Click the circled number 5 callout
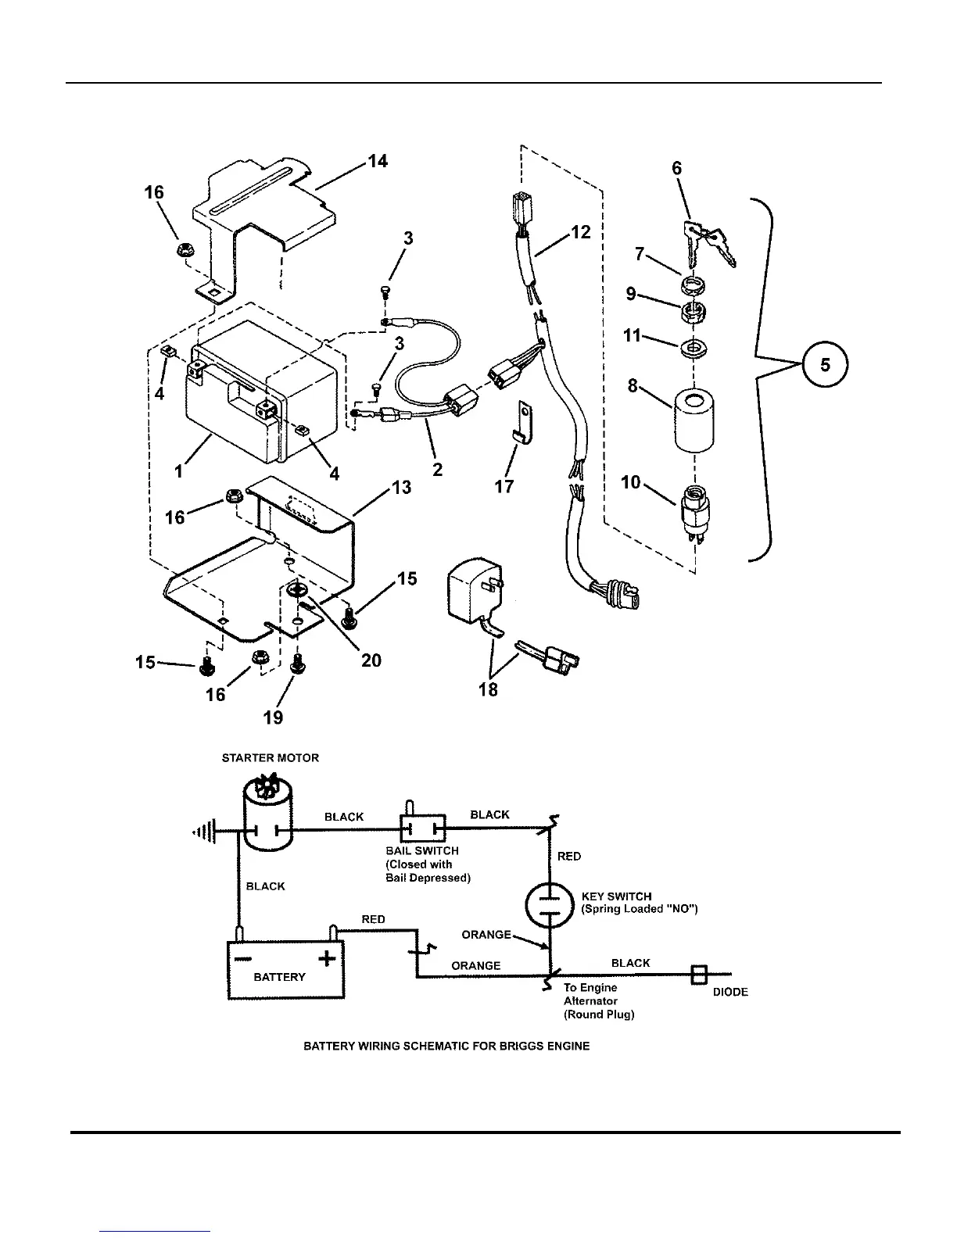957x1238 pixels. pos(824,365)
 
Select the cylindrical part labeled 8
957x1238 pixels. pos(694,422)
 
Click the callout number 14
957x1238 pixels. pos(378,162)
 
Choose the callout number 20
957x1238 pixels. pos(371,660)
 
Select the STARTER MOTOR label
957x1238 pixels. pos(271,757)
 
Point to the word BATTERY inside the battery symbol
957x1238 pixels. pos(279,977)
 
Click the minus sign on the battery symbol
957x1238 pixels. pos(242,957)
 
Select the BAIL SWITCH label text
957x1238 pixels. pos(422,850)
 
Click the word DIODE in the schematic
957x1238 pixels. pos(730,992)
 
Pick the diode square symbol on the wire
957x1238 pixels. pos(699,974)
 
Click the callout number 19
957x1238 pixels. pos(273,717)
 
